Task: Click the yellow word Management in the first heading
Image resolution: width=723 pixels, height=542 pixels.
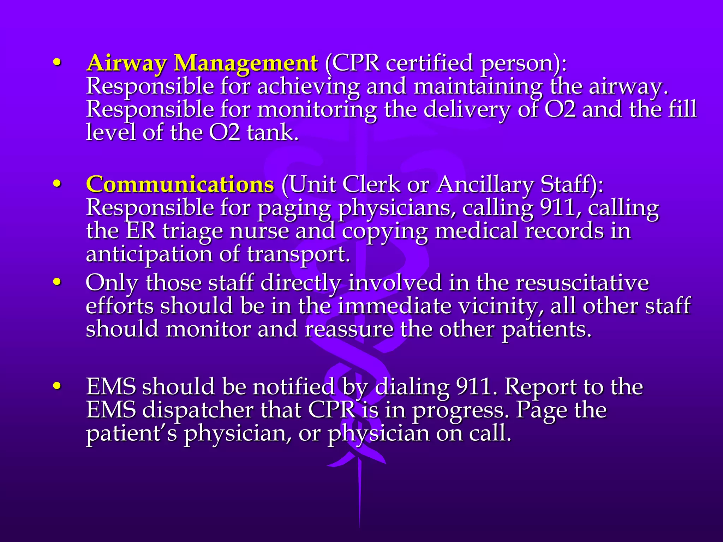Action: coord(246,64)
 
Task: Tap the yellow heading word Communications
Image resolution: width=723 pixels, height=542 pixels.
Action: coord(180,185)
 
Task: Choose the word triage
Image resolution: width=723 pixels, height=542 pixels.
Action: coord(192,231)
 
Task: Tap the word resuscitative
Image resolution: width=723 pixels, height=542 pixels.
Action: coord(582,283)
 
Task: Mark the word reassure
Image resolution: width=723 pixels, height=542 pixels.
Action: coord(349,330)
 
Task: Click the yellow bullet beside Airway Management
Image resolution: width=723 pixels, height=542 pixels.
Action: coord(57,63)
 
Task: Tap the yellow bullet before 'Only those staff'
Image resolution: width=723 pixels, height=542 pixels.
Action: coord(57,282)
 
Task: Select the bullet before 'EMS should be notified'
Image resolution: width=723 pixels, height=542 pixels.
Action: coord(57,386)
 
